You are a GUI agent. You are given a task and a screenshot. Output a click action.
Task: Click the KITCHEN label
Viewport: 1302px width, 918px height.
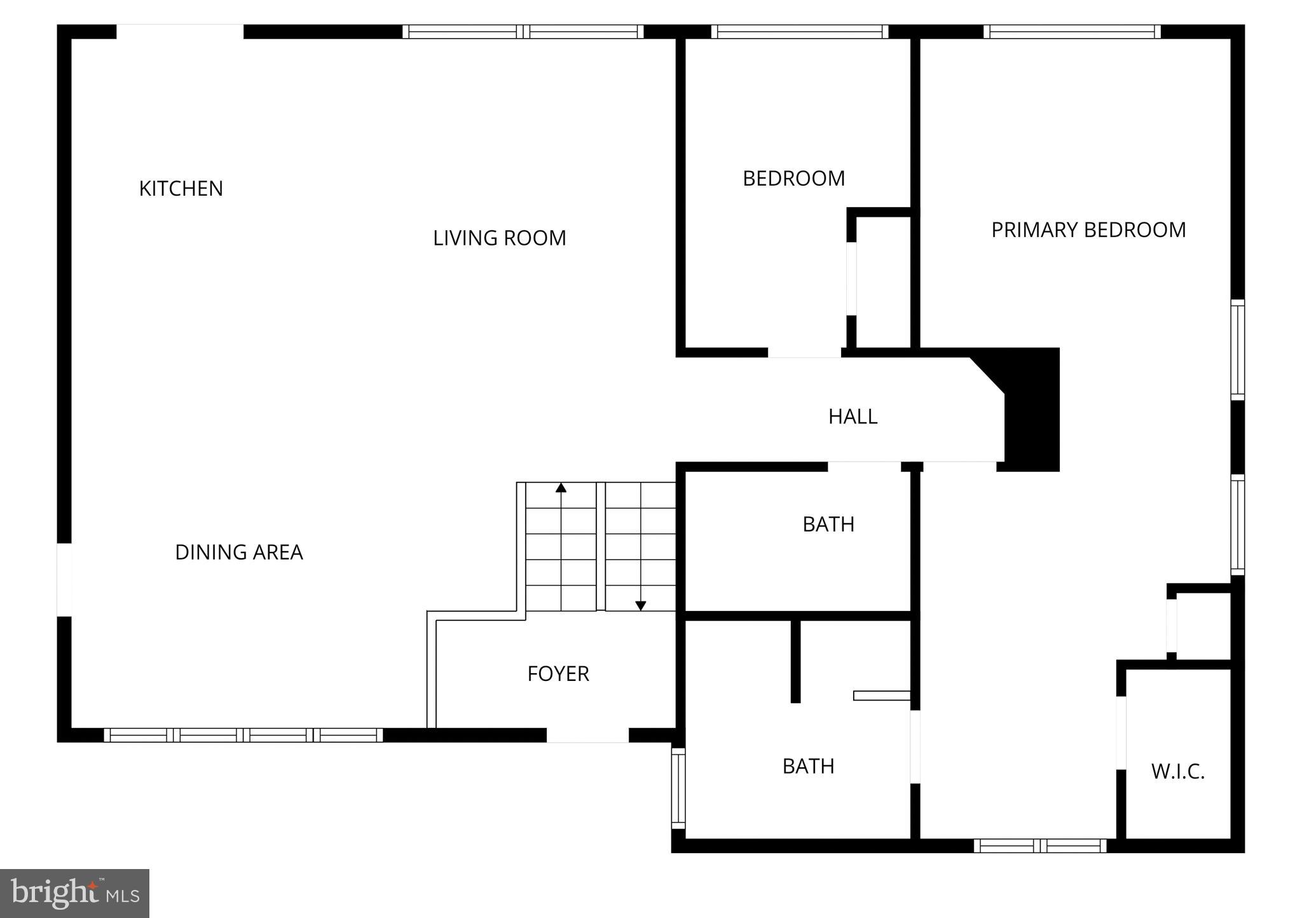[181, 189]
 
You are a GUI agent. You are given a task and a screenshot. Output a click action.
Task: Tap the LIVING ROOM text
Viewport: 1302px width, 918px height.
[499, 238]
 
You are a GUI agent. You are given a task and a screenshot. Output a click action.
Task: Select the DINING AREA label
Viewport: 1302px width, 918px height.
[238, 552]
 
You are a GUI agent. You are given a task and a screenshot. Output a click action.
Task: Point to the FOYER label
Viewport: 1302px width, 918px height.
[558, 673]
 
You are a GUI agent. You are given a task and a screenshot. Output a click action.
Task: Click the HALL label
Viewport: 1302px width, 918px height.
[853, 416]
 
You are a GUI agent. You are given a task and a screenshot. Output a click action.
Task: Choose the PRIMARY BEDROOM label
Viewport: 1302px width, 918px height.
[1088, 229]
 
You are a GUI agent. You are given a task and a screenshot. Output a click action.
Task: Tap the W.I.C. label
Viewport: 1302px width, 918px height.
[1177, 772]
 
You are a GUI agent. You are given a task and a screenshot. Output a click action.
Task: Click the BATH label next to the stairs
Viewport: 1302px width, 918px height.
[828, 524]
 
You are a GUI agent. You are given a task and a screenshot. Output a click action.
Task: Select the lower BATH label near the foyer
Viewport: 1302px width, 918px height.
[808, 766]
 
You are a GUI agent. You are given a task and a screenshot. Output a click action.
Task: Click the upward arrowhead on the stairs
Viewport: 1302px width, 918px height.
[561, 488]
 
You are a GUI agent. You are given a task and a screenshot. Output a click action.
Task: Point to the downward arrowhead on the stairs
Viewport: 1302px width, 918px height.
[641, 606]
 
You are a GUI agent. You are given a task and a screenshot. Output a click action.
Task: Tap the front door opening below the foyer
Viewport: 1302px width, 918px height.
[587, 735]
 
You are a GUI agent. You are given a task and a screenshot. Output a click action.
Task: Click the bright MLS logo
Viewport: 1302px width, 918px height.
[74, 893]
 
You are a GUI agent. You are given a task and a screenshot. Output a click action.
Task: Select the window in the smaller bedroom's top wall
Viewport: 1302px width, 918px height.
[799, 32]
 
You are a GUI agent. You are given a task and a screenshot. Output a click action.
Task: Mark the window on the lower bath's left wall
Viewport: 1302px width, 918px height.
[678, 788]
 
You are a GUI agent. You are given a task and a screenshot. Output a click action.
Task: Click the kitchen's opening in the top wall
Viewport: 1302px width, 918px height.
[180, 32]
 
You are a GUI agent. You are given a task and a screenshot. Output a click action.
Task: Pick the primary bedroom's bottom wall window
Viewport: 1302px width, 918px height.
[1040, 846]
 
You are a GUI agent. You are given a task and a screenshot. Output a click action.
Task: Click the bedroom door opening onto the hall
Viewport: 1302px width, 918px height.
[804, 352]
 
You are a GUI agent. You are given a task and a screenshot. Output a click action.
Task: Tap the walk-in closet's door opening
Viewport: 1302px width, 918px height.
[1121, 732]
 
